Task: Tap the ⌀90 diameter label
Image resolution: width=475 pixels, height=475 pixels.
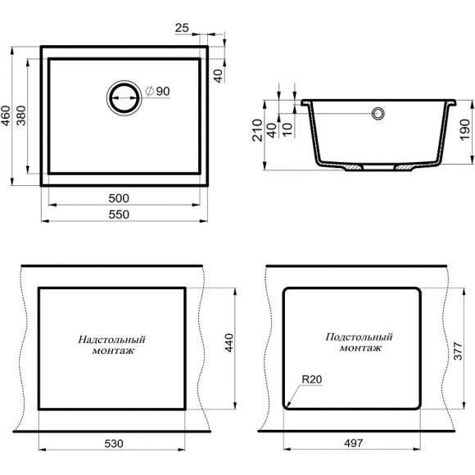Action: [156, 91]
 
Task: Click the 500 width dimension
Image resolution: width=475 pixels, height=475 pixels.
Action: [120, 199]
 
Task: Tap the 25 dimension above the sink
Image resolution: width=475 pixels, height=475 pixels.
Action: [183, 28]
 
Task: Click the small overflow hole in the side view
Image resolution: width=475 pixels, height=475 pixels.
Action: [378, 113]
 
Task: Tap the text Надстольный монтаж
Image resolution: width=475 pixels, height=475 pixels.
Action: [112, 344]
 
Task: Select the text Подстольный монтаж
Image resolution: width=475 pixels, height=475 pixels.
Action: [359, 342]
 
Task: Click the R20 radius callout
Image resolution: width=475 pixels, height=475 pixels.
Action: [311, 379]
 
